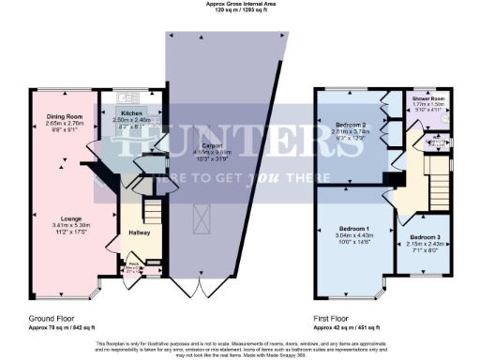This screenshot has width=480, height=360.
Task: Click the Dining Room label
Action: coord(59,116)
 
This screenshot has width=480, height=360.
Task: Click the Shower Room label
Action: coord(430,97)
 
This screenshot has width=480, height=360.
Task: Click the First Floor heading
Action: coord(335,319)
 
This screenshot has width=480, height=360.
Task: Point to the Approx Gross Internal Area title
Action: coord(240,4)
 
